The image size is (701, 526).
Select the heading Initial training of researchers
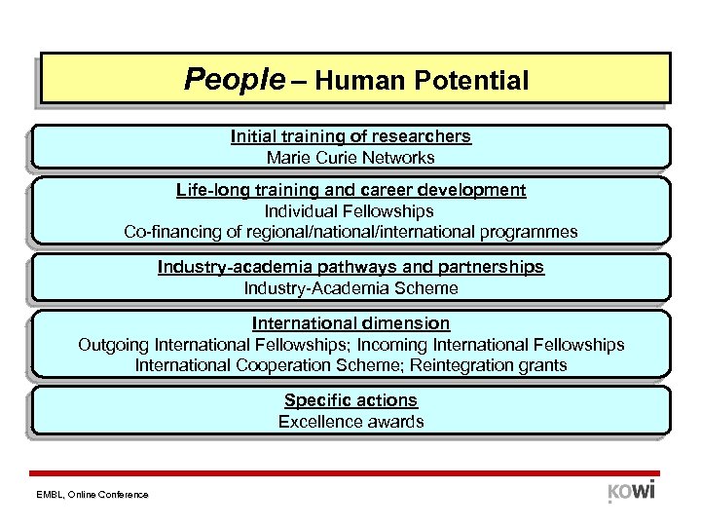point(350,136)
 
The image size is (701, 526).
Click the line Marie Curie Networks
point(350,157)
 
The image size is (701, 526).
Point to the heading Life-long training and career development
point(350,190)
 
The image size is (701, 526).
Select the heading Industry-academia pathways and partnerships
point(350,267)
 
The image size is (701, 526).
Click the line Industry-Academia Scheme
point(350,287)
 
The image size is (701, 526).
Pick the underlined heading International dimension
point(350,322)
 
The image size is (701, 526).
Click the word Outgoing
point(110,344)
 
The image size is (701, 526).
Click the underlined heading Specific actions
point(350,400)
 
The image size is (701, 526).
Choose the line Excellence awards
point(350,422)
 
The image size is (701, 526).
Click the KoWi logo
point(631,490)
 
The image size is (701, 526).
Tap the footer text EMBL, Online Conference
point(94,495)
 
